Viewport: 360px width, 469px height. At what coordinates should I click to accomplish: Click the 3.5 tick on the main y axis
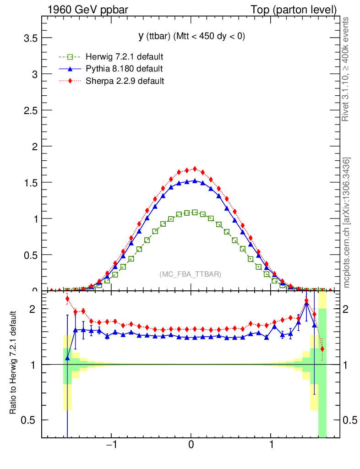click(30, 38)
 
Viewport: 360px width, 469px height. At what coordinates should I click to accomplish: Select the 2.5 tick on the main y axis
click(30, 110)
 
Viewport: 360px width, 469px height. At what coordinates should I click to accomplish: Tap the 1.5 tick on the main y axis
click(30, 182)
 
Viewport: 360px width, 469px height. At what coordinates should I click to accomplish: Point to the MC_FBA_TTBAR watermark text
click(191, 274)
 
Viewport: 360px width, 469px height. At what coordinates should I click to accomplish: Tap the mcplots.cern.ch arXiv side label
click(347, 222)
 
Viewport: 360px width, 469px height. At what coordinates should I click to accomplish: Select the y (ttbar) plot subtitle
click(192, 36)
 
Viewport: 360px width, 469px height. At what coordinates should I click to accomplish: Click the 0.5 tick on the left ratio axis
click(30, 420)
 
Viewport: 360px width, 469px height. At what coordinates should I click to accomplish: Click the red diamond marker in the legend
click(70, 81)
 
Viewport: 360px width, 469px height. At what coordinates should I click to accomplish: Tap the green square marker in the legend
click(70, 57)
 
